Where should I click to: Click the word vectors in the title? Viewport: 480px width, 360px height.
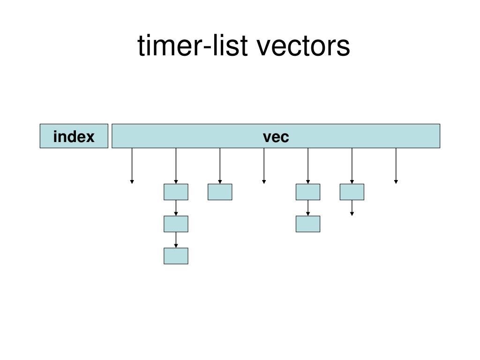point(303,46)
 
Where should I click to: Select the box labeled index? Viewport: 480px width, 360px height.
point(74,136)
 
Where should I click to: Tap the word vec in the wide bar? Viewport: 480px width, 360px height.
point(276,136)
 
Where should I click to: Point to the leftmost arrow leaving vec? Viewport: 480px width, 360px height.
point(132,165)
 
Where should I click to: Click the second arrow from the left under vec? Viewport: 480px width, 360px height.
point(176,165)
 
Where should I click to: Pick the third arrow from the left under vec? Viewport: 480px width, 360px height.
point(220,165)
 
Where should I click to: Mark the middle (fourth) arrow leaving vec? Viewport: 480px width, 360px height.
point(264,165)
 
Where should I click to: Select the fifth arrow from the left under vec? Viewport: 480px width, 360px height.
point(308,165)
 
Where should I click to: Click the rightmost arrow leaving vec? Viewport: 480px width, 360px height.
point(396,165)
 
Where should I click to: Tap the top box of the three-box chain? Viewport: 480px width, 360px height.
point(176,192)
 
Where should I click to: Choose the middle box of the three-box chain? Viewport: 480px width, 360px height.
point(176,224)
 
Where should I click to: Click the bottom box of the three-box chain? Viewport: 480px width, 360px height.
point(176,256)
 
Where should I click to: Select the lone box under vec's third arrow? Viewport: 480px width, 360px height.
point(220,192)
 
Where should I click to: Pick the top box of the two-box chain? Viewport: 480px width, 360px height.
point(308,192)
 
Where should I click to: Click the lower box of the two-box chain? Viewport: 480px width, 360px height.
point(308,224)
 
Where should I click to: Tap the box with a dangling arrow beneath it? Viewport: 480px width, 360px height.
point(352,192)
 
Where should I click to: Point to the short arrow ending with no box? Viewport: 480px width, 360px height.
point(352,208)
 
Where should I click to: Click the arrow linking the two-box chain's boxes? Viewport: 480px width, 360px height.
point(308,208)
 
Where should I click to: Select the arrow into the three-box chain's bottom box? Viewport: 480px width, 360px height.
point(176,240)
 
